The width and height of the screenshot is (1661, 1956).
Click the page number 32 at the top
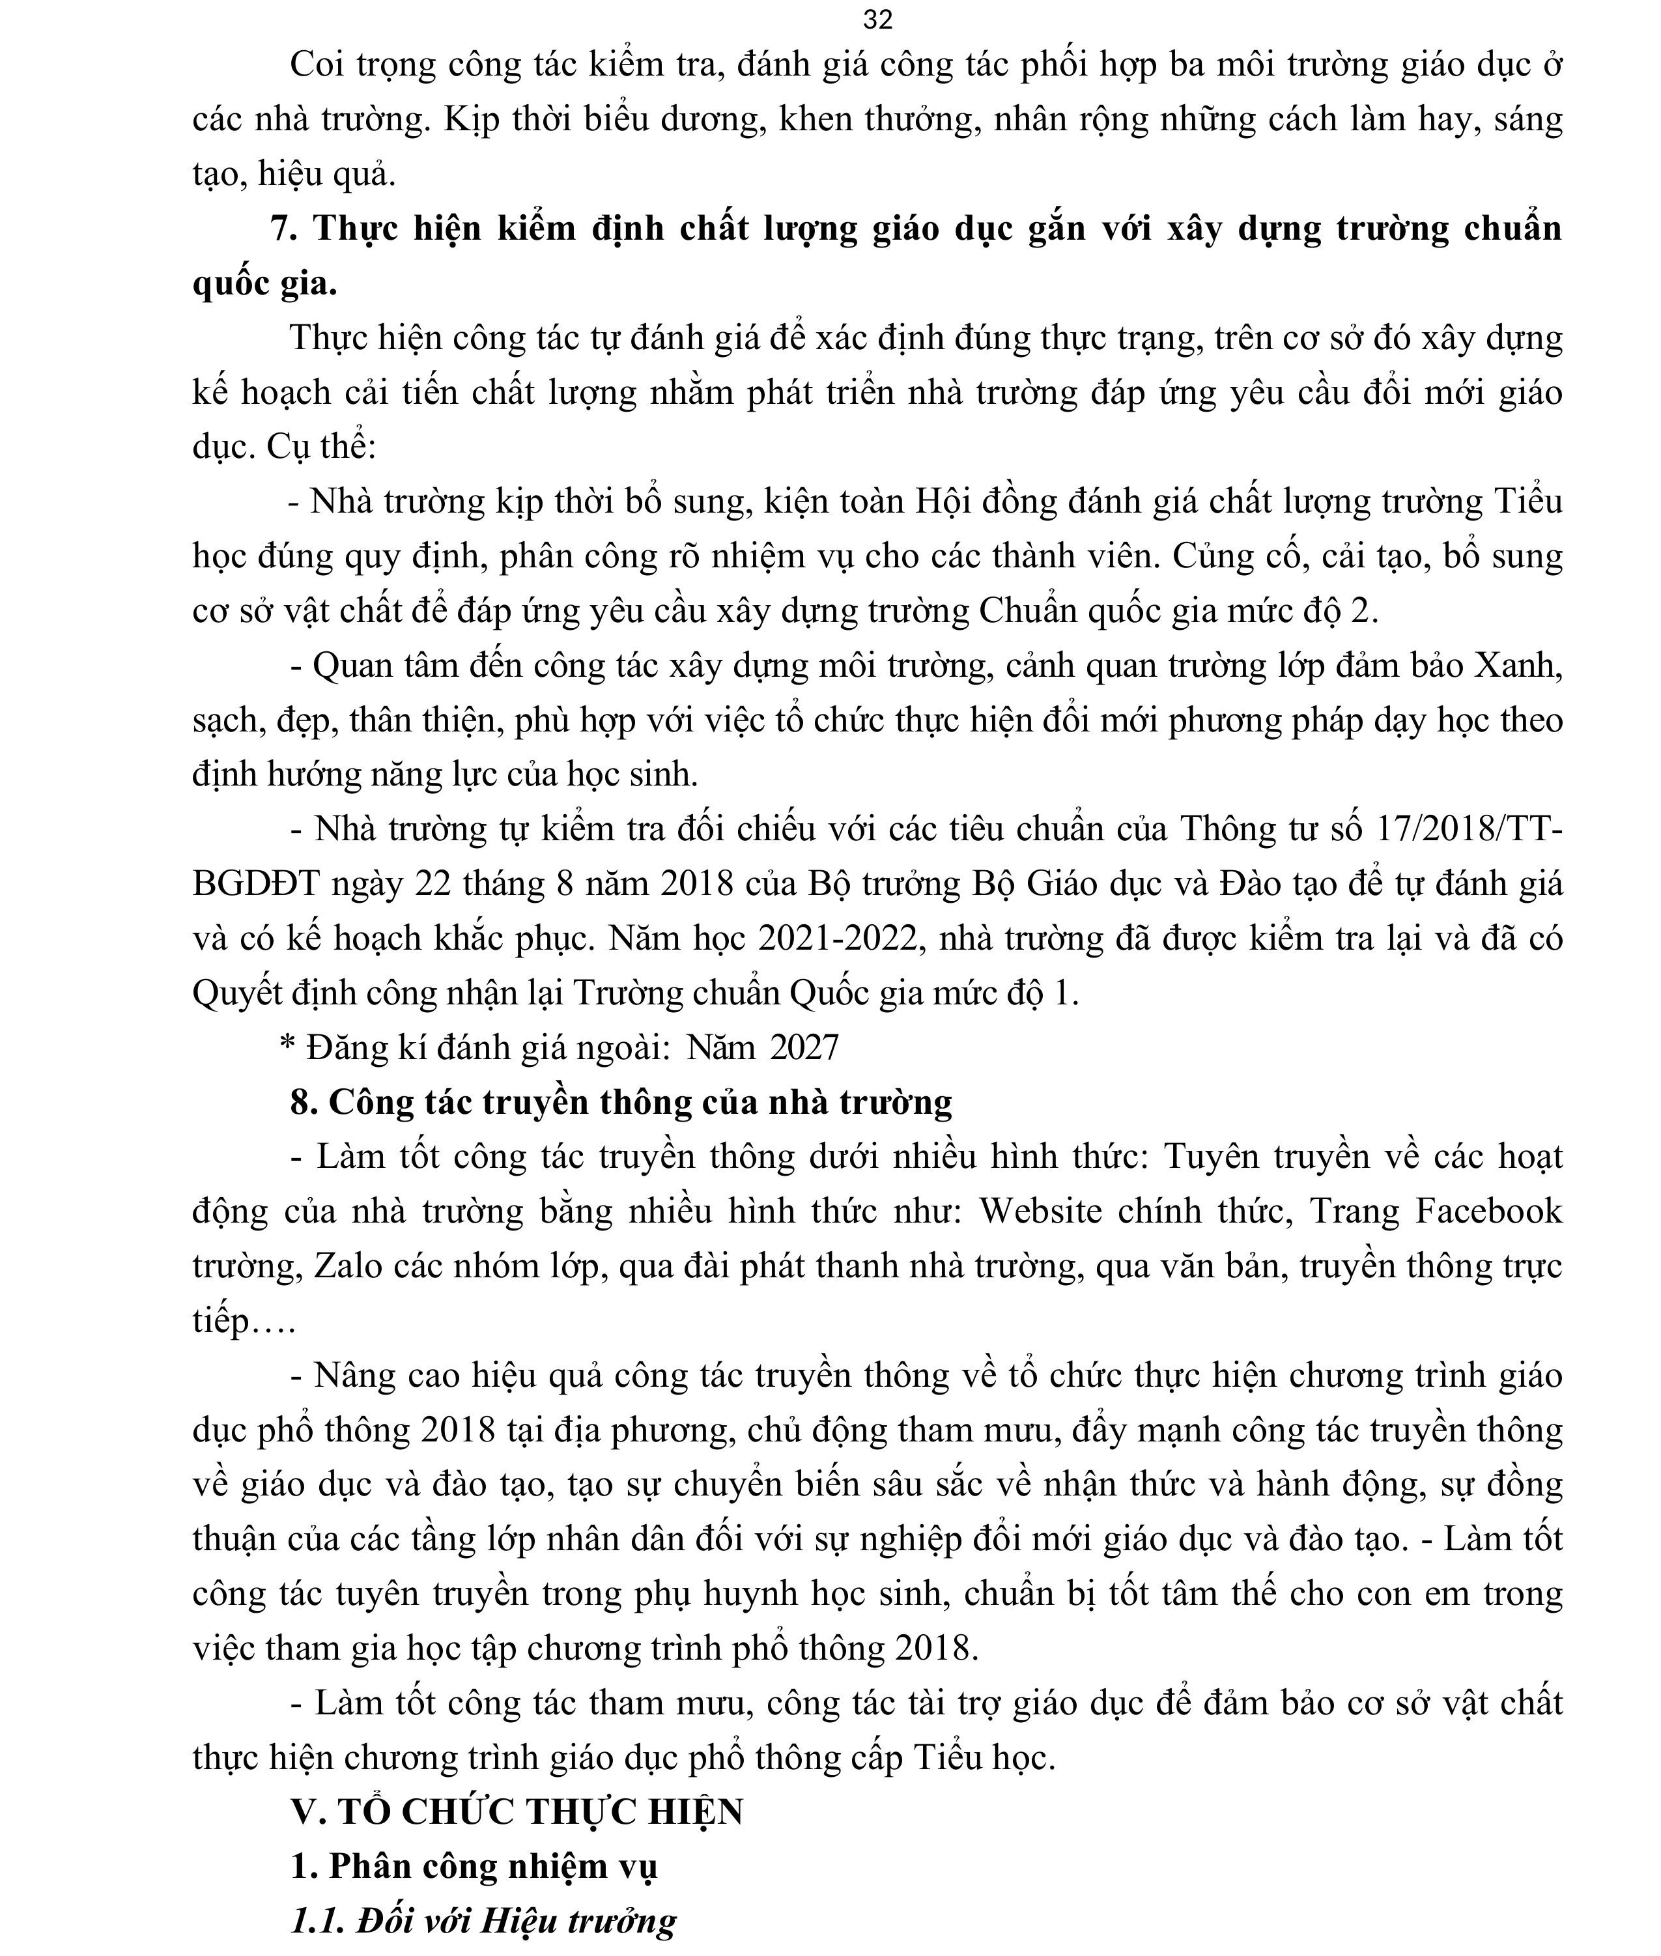tap(877, 19)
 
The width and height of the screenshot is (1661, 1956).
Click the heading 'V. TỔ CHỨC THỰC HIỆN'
tap(518, 1811)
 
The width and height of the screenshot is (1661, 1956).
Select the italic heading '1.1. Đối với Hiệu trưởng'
tap(484, 1920)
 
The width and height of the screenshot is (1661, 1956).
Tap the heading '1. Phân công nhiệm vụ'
tap(474, 1865)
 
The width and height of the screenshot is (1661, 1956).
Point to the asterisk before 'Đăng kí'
tap(288, 1043)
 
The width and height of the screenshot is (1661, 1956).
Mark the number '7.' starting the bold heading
tap(285, 228)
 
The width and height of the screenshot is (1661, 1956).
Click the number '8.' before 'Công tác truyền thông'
tap(304, 1102)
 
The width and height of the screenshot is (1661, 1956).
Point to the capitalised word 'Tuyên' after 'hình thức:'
tap(1207, 1156)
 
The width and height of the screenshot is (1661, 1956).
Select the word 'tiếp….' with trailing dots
tap(244, 1320)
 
